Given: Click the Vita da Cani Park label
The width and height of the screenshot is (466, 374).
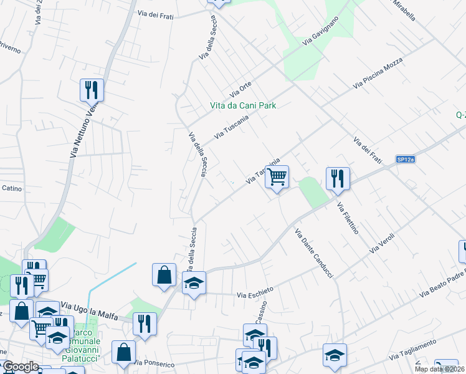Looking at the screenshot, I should [x=242, y=105].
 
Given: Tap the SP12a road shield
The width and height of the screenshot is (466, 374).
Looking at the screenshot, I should [x=405, y=160].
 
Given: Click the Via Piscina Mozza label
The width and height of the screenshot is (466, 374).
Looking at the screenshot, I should [x=379, y=74].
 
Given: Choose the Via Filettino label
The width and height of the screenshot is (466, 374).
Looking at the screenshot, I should [x=348, y=218].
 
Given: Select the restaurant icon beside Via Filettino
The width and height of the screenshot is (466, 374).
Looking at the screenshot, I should [x=337, y=178].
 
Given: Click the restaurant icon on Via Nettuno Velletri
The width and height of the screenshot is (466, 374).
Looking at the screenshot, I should [x=92, y=90].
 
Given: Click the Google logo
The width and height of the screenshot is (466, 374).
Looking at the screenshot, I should [x=21, y=367].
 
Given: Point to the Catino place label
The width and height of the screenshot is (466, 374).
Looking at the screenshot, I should [x=12, y=188].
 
